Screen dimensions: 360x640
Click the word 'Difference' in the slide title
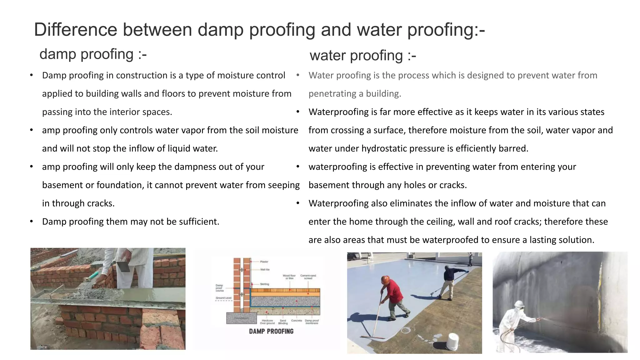pos(75,30)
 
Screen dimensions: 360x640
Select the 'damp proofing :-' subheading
pos(93,54)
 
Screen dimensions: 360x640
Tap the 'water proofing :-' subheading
pos(362,56)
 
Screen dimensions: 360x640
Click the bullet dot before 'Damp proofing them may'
pos(32,222)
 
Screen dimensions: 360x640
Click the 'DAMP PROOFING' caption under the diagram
pos(271,331)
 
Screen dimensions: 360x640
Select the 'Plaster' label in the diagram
pos(264,262)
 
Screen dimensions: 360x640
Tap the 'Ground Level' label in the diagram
pos(223,298)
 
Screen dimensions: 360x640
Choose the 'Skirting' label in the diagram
pos(264,284)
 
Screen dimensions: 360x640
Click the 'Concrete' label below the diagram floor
pos(297,321)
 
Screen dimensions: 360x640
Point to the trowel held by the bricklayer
pos(123,266)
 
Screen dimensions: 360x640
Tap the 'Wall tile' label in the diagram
pos(265,269)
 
